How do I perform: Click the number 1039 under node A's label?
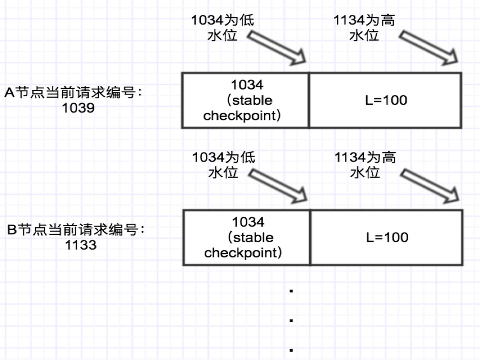(x=78, y=108)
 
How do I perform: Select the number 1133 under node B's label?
(x=81, y=245)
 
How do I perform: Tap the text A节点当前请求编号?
(x=73, y=92)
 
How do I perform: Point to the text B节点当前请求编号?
(x=76, y=230)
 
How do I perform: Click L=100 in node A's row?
(x=386, y=100)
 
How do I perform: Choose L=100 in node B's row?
(x=387, y=238)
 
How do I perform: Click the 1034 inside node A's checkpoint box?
(x=247, y=85)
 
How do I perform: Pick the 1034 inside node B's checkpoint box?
(x=248, y=222)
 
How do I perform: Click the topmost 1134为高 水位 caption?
(x=364, y=27)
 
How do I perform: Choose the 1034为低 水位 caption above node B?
(x=223, y=164)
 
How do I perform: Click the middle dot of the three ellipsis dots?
(x=291, y=321)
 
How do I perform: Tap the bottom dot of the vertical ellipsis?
(x=291, y=350)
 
